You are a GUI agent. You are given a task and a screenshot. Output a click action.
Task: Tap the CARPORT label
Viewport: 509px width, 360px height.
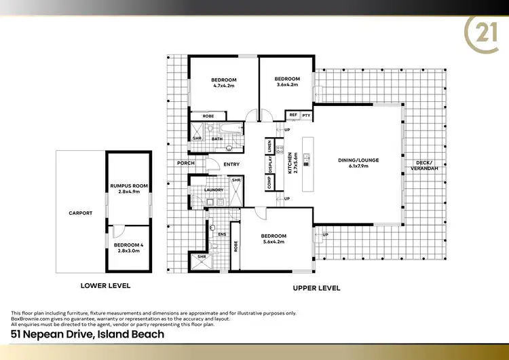pos(80,213)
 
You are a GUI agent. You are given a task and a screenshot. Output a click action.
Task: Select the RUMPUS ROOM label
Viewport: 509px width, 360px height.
pos(129,185)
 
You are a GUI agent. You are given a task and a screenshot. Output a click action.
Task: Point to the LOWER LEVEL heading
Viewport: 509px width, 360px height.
pos(105,286)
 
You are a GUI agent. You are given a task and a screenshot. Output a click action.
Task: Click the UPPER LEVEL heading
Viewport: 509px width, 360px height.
pos(316,288)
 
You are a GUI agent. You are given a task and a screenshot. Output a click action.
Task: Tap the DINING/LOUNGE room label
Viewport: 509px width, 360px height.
pos(358,160)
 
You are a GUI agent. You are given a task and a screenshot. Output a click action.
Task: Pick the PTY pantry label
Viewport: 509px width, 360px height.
pos(306,115)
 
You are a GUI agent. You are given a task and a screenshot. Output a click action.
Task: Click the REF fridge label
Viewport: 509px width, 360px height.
pos(293,115)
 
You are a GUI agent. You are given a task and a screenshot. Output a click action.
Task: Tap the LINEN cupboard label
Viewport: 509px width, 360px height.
pos(270,147)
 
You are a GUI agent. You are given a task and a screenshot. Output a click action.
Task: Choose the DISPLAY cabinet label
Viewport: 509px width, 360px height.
pos(270,165)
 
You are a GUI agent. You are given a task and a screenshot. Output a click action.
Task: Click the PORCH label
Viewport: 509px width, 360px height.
pos(185,163)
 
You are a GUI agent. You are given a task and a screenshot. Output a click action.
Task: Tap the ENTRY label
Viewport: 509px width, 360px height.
pos(231,164)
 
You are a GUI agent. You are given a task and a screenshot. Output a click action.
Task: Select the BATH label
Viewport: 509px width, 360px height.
pos(217,139)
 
